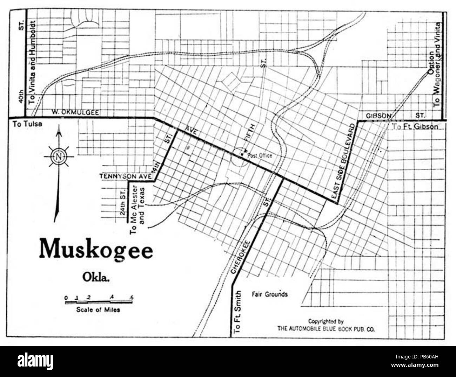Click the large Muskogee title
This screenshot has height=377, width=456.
96,249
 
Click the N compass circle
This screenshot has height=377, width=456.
58,156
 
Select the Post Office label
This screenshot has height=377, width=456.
260,155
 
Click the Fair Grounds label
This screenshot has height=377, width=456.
269,294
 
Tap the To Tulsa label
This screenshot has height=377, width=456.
27,124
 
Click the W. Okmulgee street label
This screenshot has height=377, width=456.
75,112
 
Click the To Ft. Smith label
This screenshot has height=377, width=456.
238,311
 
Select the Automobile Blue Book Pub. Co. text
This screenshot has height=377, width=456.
326,328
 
